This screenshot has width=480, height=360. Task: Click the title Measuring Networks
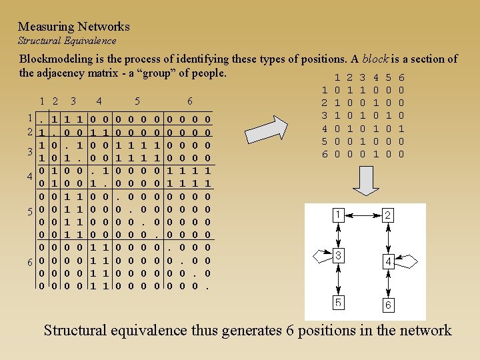[73, 27]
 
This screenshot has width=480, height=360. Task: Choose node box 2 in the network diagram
[387, 215]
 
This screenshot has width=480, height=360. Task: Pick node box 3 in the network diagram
[339, 255]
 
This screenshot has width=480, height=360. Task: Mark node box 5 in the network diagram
[339, 301]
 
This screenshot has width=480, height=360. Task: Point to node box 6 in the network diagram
[388, 305]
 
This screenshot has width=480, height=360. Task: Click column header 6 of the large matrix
[190, 102]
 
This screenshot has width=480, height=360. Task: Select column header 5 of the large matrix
[137, 102]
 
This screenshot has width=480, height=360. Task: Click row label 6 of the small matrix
[324, 154]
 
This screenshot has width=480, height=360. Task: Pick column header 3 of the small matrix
[363, 78]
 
